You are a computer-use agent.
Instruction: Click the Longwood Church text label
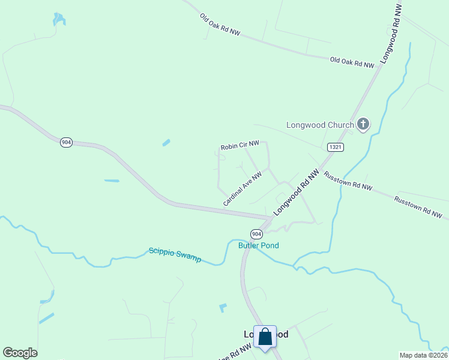pos(320,125)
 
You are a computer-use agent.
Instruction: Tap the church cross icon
pos(363,124)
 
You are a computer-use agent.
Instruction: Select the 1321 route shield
pos(335,147)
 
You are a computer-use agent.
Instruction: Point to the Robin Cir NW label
pos(240,145)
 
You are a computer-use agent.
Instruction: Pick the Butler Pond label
pos(259,245)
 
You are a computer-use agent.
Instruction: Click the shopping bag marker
pos(265,337)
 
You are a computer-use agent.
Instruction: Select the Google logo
pos(20,353)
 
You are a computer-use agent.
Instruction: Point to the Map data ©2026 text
pos(423,355)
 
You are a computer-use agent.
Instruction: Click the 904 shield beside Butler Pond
pos(256,233)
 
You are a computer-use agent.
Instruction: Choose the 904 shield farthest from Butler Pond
pos(66,142)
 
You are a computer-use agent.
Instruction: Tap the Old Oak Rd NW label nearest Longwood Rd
pos(352,62)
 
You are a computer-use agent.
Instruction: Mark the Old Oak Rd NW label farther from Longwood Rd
pos(220,25)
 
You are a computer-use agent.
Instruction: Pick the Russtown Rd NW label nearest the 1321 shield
pos(348,181)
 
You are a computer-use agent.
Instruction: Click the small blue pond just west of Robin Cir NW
pos(166,143)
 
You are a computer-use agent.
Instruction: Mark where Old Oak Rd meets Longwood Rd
pos(379,67)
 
